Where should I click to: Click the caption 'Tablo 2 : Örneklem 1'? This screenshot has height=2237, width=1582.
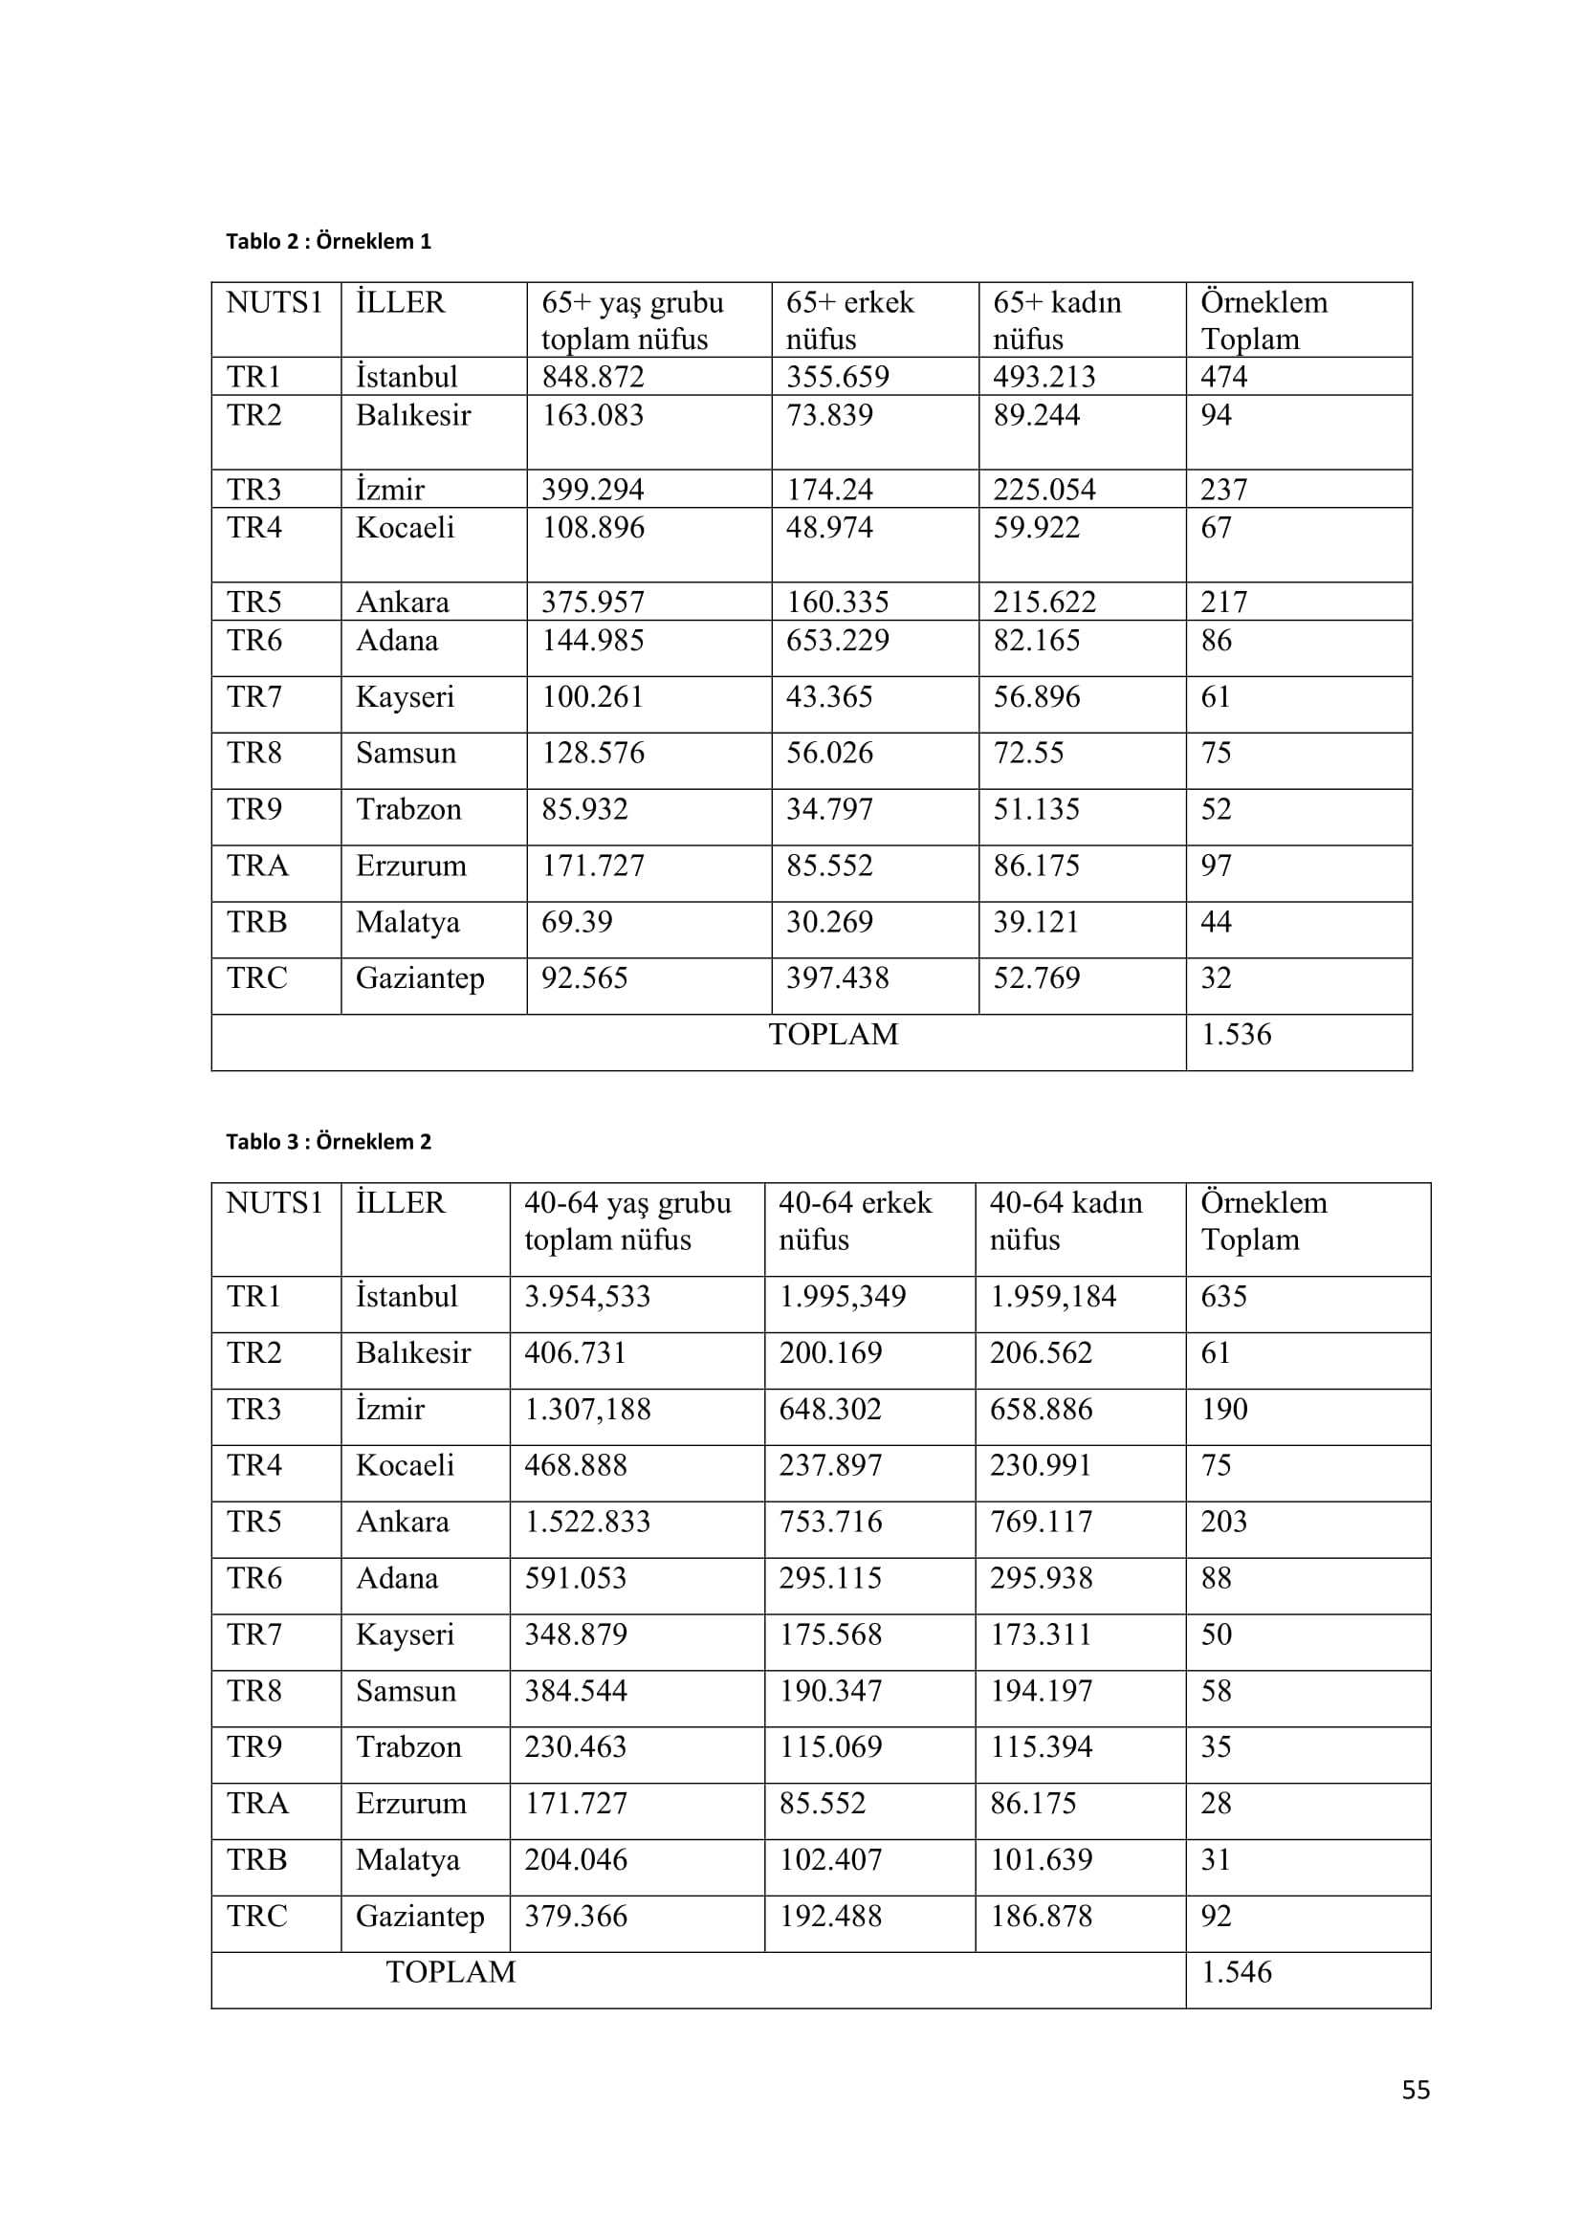pos(328,242)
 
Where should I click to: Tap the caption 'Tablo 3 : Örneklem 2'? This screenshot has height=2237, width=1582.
pos(328,1142)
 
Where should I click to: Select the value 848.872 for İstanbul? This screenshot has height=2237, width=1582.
pos(592,377)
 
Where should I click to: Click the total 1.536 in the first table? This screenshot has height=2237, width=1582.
pos(1235,1035)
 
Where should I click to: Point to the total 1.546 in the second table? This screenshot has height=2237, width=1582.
pos(1235,1972)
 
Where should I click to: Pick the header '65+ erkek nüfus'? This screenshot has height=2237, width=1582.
pos(849,320)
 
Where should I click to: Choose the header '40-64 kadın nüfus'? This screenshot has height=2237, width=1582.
pos(1066,1220)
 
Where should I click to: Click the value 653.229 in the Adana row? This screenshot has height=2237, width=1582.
pos(837,641)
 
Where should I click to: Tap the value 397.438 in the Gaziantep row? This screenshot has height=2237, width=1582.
pos(837,978)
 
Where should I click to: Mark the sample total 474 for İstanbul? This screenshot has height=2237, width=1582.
pos(1223,377)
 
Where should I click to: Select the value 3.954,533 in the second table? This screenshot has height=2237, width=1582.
pos(586,1297)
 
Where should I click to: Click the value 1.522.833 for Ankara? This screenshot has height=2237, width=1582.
pos(586,1522)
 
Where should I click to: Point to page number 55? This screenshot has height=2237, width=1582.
pos(1416,2090)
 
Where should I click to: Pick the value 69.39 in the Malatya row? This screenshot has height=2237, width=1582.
pos(577,922)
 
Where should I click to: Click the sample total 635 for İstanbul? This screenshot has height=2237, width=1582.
pos(1223,1297)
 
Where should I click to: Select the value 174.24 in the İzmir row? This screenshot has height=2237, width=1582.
pos(829,489)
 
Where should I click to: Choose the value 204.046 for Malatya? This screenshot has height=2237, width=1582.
pos(575,1860)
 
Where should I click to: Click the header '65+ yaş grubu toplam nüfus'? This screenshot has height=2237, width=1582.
pos(632,320)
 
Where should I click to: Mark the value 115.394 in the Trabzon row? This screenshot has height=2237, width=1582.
pos(1041,1747)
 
